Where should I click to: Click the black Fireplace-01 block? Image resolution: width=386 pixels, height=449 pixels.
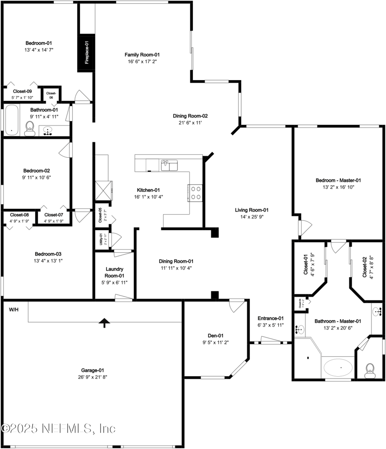point(86,53)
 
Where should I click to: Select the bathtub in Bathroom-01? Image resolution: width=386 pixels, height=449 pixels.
point(11,121)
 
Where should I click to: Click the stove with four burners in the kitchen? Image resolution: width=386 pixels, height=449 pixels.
point(195,192)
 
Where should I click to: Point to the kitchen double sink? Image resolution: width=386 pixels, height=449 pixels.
point(169,165)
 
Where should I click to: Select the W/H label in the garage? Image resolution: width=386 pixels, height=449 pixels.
point(14,309)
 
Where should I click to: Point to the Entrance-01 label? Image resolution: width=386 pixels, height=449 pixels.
point(271,318)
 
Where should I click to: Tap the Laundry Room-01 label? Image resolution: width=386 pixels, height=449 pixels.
point(114,272)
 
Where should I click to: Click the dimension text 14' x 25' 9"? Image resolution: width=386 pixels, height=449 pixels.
point(251,217)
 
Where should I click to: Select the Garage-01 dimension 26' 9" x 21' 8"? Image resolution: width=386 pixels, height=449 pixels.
point(91,377)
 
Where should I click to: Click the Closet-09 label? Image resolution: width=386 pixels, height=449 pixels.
point(23,91)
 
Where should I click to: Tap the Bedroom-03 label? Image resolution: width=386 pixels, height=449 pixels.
point(48,254)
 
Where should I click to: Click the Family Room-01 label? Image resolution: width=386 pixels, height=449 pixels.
point(142,54)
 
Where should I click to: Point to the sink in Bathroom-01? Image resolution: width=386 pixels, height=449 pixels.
point(48,130)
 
